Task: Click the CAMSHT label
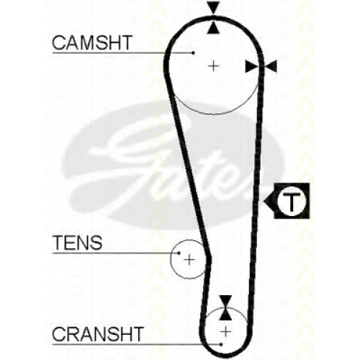[92, 42]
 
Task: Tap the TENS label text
[78, 243]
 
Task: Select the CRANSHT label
[98, 334]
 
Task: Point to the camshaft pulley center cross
[213, 66]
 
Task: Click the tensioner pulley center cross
[189, 260]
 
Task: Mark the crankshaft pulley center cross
[225, 332]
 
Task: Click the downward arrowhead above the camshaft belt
[214, 8]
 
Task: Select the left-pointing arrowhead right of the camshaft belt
[271, 66]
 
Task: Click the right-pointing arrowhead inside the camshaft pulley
[251, 66]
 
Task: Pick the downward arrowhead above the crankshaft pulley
[225, 302]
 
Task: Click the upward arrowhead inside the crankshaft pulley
[225, 315]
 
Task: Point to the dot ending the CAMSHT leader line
[194, 53]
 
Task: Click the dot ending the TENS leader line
[179, 253]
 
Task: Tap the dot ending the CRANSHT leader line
[221, 344]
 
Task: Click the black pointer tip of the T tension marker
[264, 201]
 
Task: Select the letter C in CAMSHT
[59, 42]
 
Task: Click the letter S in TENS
[96, 243]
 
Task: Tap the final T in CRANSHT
[138, 334]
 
